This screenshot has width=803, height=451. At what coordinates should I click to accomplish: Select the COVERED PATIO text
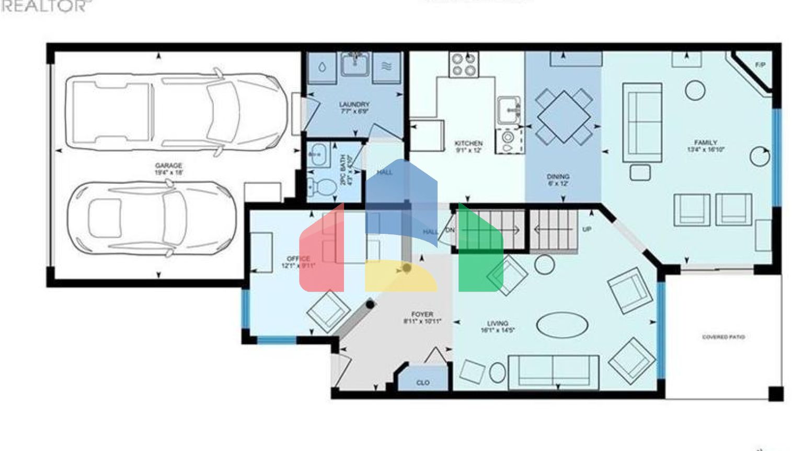[x=723, y=337]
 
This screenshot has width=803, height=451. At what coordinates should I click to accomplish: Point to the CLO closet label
[x=423, y=383]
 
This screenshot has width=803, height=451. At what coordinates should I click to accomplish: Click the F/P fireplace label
[x=760, y=65]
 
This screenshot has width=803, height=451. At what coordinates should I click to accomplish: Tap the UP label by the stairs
[x=587, y=229]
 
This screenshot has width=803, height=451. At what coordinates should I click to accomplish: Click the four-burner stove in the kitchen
[x=464, y=65]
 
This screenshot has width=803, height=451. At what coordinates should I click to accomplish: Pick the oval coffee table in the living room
[x=562, y=325]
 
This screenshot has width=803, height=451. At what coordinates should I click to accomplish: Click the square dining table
[x=564, y=116]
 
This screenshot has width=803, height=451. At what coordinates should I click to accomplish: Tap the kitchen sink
[x=508, y=110]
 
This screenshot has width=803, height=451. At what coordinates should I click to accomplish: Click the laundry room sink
[x=355, y=65]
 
